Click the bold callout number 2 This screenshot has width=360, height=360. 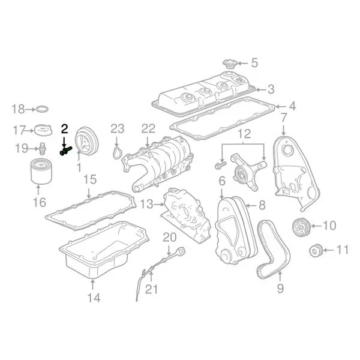(65, 128)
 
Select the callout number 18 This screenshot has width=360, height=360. (19, 109)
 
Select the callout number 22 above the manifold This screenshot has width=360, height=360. (148, 128)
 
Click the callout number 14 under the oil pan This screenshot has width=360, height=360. (92, 297)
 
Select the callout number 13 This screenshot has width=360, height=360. (146, 205)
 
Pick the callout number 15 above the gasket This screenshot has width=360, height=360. (89, 179)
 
